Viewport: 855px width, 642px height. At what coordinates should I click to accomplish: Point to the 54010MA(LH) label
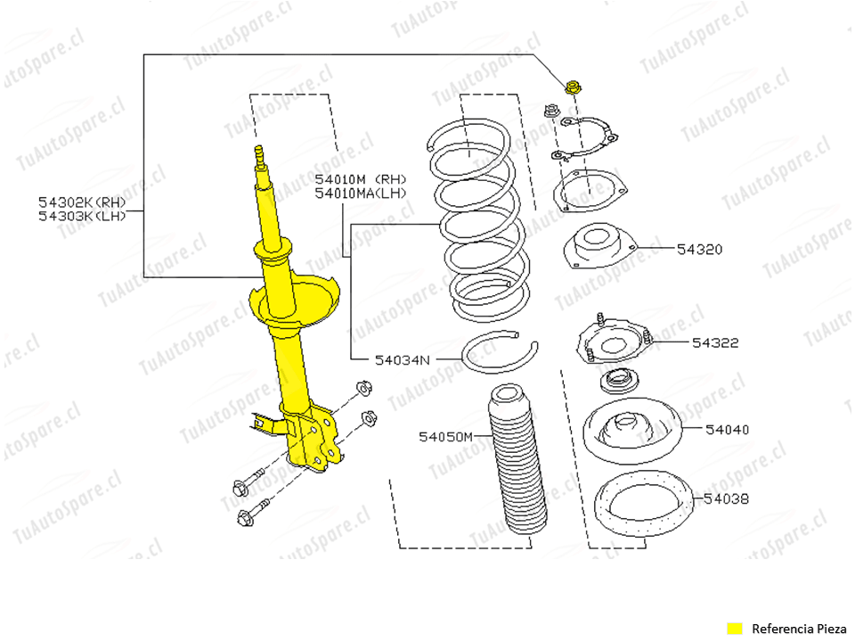tap(360, 193)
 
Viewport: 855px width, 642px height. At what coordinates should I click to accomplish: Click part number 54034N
tap(402, 360)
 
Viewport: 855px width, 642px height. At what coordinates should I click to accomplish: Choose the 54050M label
tap(445, 437)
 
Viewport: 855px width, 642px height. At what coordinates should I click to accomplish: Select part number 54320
tap(699, 250)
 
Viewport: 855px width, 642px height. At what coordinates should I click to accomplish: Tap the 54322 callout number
tap(715, 342)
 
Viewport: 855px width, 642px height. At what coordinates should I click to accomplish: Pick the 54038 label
tap(727, 499)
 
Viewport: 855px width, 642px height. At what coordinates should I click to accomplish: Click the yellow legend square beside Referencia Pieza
tap(734, 628)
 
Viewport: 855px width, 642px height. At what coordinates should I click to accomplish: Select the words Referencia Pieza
tap(795, 628)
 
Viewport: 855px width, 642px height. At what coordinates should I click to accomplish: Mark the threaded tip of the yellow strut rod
tap(260, 156)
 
